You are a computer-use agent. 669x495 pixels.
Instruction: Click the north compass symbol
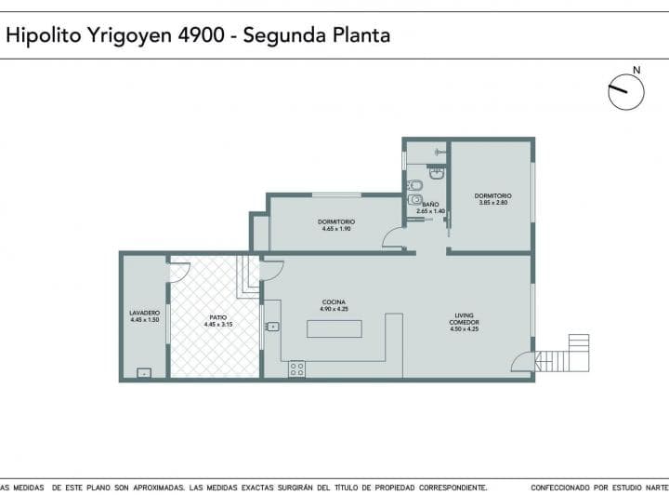tap(626, 88)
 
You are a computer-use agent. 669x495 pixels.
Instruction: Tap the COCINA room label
tap(334, 302)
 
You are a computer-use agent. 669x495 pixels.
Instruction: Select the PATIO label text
tap(217, 317)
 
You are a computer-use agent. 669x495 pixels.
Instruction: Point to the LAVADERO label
tap(144, 313)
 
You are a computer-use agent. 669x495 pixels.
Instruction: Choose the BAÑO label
tap(430, 204)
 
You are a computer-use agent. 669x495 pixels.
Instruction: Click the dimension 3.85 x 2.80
tap(492, 202)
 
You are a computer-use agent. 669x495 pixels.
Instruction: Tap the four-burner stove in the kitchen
tap(297, 368)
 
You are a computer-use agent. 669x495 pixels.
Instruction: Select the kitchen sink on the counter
tap(272, 326)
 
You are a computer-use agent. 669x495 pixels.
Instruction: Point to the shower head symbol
tap(439, 151)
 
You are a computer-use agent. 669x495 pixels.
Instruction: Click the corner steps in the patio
tap(247, 276)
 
